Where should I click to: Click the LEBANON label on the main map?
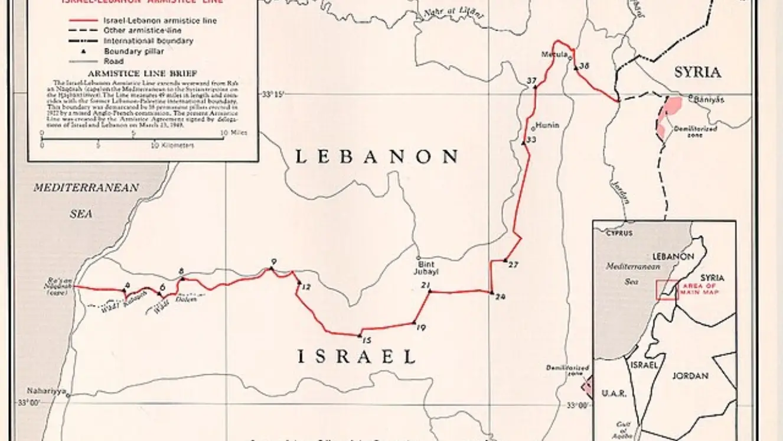(x=377, y=157)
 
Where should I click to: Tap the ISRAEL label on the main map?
(x=356, y=356)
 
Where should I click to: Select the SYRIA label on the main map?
(x=697, y=73)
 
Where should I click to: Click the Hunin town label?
(x=546, y=125)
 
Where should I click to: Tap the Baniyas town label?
(x=709, y=99)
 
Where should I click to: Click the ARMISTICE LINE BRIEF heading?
(x=143, y=73)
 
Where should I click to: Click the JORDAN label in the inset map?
(x=690, y=376)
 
